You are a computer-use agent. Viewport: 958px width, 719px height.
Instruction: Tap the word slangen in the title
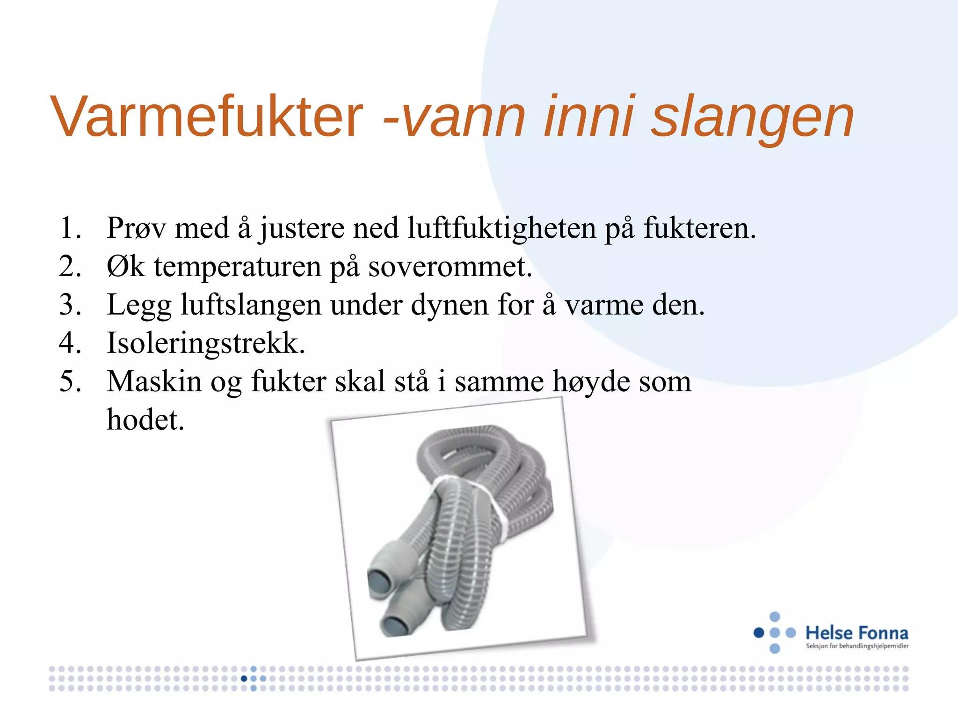[753, 117]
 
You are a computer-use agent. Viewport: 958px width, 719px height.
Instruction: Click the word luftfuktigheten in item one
[501, 228]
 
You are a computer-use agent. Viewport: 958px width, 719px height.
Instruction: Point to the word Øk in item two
[125, 267]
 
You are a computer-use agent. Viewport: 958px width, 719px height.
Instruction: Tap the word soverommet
[450, 267]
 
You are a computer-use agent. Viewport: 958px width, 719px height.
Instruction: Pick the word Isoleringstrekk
[206, 343]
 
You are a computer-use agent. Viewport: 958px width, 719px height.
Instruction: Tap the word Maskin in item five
[154, 382]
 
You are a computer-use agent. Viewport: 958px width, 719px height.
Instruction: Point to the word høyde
[591, 382]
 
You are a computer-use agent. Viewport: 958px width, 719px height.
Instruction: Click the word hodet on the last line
[145, 420]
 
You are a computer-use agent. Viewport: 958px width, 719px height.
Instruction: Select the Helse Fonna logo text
[856, 633]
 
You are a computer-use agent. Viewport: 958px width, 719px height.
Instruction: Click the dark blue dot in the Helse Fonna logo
[759, 633]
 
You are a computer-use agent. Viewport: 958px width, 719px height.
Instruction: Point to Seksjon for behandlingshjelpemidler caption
[857, 646]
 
